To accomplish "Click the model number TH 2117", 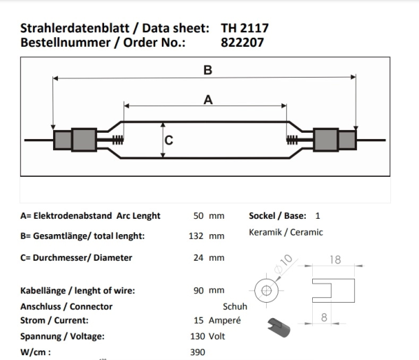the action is click(x=244, y=28).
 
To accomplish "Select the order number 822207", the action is click(x=242, y=43).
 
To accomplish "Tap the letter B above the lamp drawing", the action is click(x=207, y=70).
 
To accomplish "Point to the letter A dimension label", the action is click(x=208, y=100).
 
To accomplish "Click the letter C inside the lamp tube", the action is click(x=168, y=140).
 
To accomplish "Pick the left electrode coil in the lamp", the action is click(x=118, y=140).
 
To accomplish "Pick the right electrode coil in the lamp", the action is click(x=292, y=140).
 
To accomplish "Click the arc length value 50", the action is click(x=198, y=215).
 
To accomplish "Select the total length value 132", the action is click(x=196, y=236).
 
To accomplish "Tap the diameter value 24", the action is click(x=198, y=257).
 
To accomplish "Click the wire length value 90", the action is click(x=198, y=290).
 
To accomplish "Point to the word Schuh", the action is click(x=235, y=306).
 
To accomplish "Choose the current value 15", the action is click(x=198, y=320).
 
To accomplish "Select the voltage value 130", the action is click(x=198, y=336).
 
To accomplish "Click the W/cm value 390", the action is click(x=198, y=352).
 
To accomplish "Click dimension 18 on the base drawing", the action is click(x=335, y=260).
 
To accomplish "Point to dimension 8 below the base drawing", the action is click(x=324, y=317).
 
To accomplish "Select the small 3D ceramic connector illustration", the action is click(x=279, y=327).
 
